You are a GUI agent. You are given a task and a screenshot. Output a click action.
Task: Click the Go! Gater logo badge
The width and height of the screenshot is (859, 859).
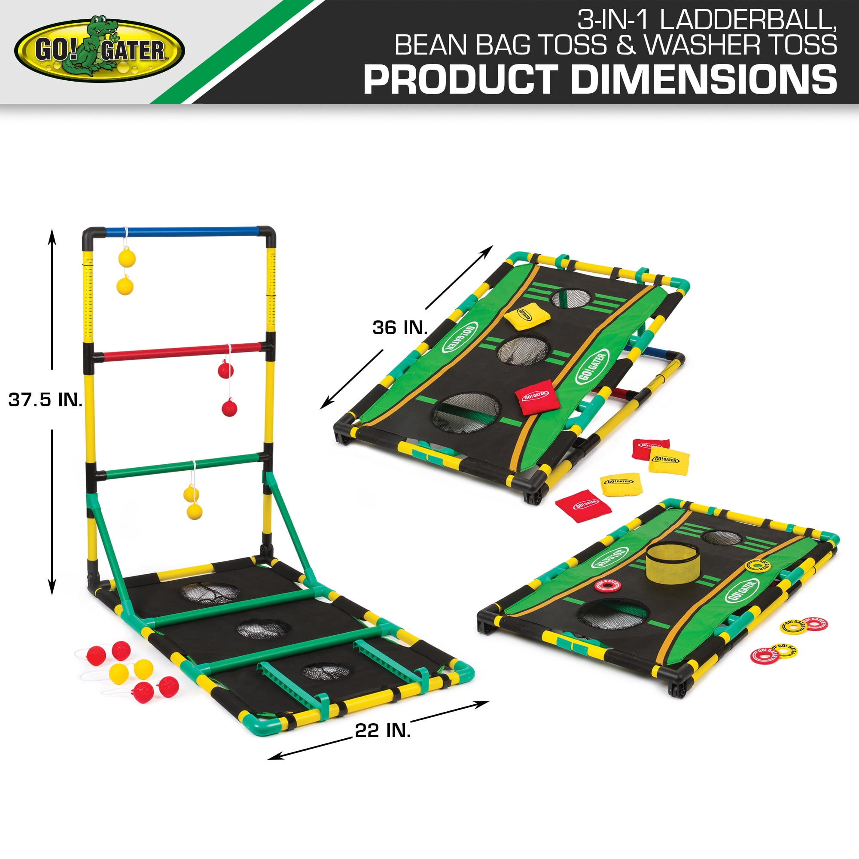(x=100, y=50)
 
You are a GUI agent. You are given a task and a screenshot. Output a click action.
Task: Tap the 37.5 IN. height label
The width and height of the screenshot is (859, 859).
(x=46, y=400)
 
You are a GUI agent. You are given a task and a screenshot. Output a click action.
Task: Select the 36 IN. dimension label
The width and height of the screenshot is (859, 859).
(x=400, y=328)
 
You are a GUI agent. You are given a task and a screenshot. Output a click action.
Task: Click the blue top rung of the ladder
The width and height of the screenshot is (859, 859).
(x=182, y=232)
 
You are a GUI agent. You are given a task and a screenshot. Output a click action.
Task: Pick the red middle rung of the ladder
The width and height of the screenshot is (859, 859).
(x=182, y=351)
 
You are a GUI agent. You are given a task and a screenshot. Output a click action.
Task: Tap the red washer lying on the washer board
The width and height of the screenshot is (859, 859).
(x=607, y=586)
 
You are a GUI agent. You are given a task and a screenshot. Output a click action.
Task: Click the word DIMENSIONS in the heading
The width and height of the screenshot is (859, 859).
(x=704, y=79)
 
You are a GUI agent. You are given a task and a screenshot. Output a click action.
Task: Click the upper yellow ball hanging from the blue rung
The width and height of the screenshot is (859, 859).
(x=127, y=258)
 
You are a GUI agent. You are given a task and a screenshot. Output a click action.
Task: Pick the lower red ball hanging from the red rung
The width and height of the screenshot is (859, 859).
(x=229, y=408)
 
